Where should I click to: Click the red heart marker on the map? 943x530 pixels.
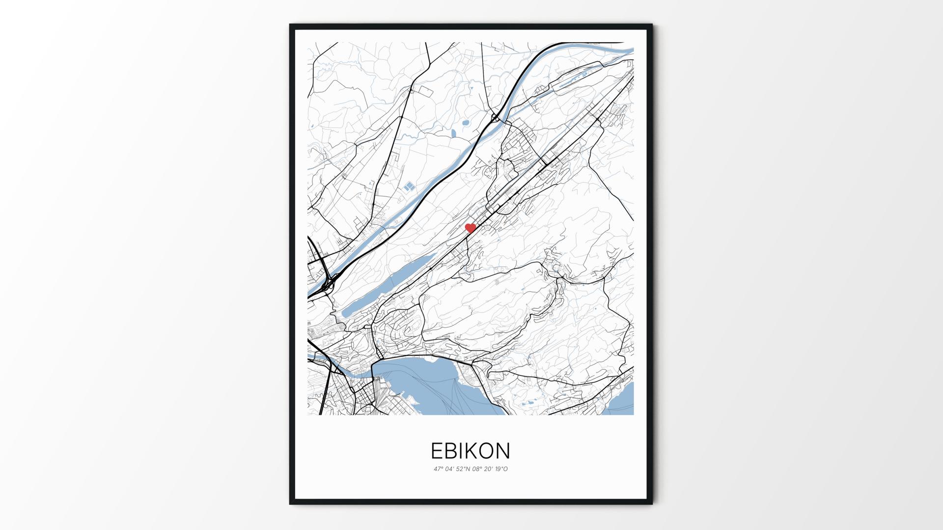tap(471, 228)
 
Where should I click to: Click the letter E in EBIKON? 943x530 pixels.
tap(436, 450)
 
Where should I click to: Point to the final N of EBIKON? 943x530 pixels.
tap(503, 450)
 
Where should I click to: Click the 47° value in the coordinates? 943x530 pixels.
tap(438, 469)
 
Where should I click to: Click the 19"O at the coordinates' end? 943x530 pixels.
tap(502, 469)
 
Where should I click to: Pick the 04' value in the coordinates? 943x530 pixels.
tap(449, 469)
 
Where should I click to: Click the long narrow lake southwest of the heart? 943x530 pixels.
tap(388, 285)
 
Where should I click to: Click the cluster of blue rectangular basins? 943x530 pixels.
tap(408, 186)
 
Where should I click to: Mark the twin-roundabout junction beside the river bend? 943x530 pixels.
tap(496, 118)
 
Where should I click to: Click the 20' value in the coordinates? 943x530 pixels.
tap(489, 469)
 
